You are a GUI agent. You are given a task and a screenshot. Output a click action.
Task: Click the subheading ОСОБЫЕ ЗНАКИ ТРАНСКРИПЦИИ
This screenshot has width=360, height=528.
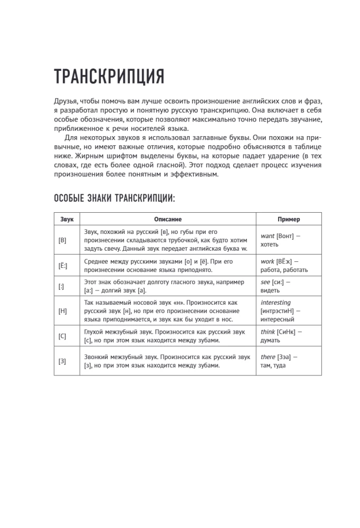114,198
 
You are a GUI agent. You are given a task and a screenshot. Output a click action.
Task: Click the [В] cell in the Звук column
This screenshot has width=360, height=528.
63,240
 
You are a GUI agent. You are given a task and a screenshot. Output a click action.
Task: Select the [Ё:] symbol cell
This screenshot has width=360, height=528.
63,266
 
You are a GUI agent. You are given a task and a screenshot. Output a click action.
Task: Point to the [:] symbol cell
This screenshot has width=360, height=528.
61,286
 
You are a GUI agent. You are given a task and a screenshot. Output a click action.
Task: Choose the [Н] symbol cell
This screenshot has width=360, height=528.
62,311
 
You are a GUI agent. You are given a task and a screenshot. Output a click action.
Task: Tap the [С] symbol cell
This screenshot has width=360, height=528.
62,336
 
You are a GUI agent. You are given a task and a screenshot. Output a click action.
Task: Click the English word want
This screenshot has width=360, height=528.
268,236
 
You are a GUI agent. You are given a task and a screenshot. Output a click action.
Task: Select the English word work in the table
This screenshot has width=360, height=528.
268,261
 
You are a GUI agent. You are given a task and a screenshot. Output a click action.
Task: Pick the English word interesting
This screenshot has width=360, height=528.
276,303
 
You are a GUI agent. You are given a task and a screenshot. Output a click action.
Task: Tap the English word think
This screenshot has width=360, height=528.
268,332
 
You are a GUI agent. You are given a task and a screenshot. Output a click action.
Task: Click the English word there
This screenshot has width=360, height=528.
268,357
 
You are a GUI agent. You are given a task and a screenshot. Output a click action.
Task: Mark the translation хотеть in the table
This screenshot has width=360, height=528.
270,244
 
